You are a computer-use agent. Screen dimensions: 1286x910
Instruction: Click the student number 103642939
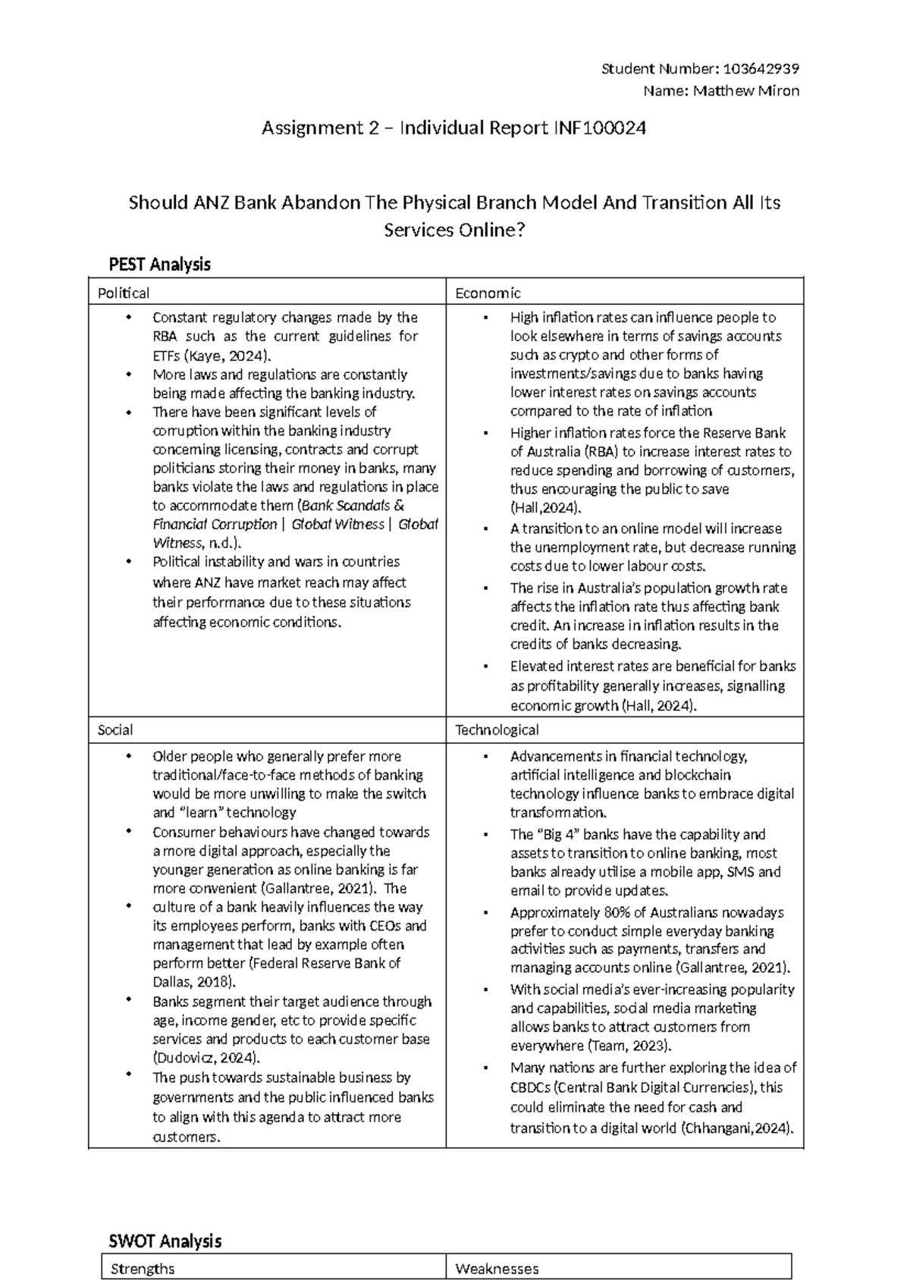pyautogui.click(x=761, y=69)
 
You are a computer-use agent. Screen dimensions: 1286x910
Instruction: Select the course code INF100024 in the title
pyautogui.click(x=596, y=128)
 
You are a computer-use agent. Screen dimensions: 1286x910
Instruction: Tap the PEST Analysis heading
pyautogui.click(x=159, y=265)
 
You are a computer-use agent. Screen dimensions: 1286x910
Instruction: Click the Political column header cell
pyautogui.click(x=124, y=293)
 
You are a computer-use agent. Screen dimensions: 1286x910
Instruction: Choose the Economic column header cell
pyautogui.click(x=488, y=293)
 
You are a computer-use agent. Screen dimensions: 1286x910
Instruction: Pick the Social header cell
pyautogui.click(x=115, y=730)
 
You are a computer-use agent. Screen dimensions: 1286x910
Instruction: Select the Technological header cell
pyautogui.click(x=497, y=730)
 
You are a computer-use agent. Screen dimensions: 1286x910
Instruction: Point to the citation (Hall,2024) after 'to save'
pyautogui.click(x=545, y=508)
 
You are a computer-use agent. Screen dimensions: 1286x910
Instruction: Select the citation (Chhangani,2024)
pyautogui.click(x=738, y=1128)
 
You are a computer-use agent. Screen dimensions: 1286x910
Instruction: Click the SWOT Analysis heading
pyautogui.click(x=165, y=1241)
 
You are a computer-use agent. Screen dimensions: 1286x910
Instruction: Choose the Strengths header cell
pyautogui.click(x=143, y=1269)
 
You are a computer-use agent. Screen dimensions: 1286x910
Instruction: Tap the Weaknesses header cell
pyautogui.click(x=497, y=1269)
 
